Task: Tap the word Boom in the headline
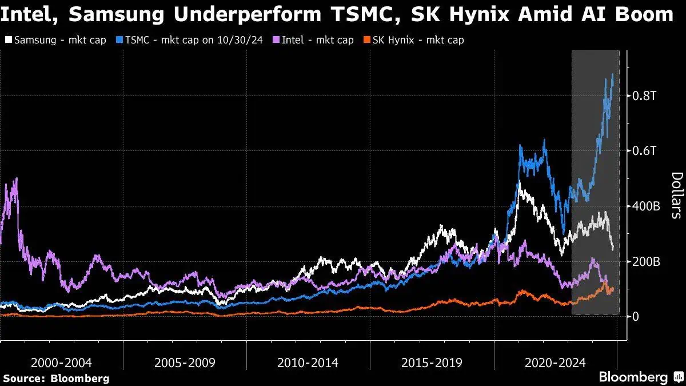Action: [x=644, y=14]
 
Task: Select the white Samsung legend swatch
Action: [x=9, y=40]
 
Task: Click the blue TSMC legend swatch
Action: [x=119, y=40]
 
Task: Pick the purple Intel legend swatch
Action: [x=276, y=40]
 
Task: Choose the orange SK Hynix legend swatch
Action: [x=366, y=40]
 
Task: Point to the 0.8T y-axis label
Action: [x=645, y=96]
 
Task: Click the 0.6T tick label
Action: [x=645, y=151]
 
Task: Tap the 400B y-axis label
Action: [x=646, y=206]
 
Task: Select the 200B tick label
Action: [x=646, y=262]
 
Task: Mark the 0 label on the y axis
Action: [x=636, y=317]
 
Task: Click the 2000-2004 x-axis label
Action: [x=61, y=363]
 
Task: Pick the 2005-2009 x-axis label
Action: [x=185, y=363]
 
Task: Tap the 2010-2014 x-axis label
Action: [x=308, y=363]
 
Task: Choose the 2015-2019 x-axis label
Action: [x=432, y=363]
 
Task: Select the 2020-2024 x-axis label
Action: [x=555, y=363]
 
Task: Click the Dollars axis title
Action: [x=677, y=196]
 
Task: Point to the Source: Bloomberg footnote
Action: [x=57, y=379]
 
